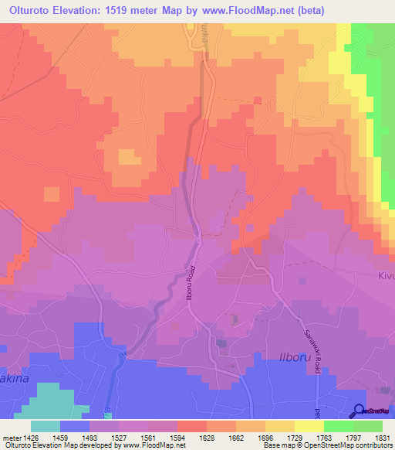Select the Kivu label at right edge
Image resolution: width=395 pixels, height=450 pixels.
pos(386,275)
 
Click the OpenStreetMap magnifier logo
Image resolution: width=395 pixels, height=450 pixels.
pos(360,411)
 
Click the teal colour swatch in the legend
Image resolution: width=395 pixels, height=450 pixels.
pos(46,426)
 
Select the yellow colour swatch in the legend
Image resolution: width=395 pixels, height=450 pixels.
pos(309,426)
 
